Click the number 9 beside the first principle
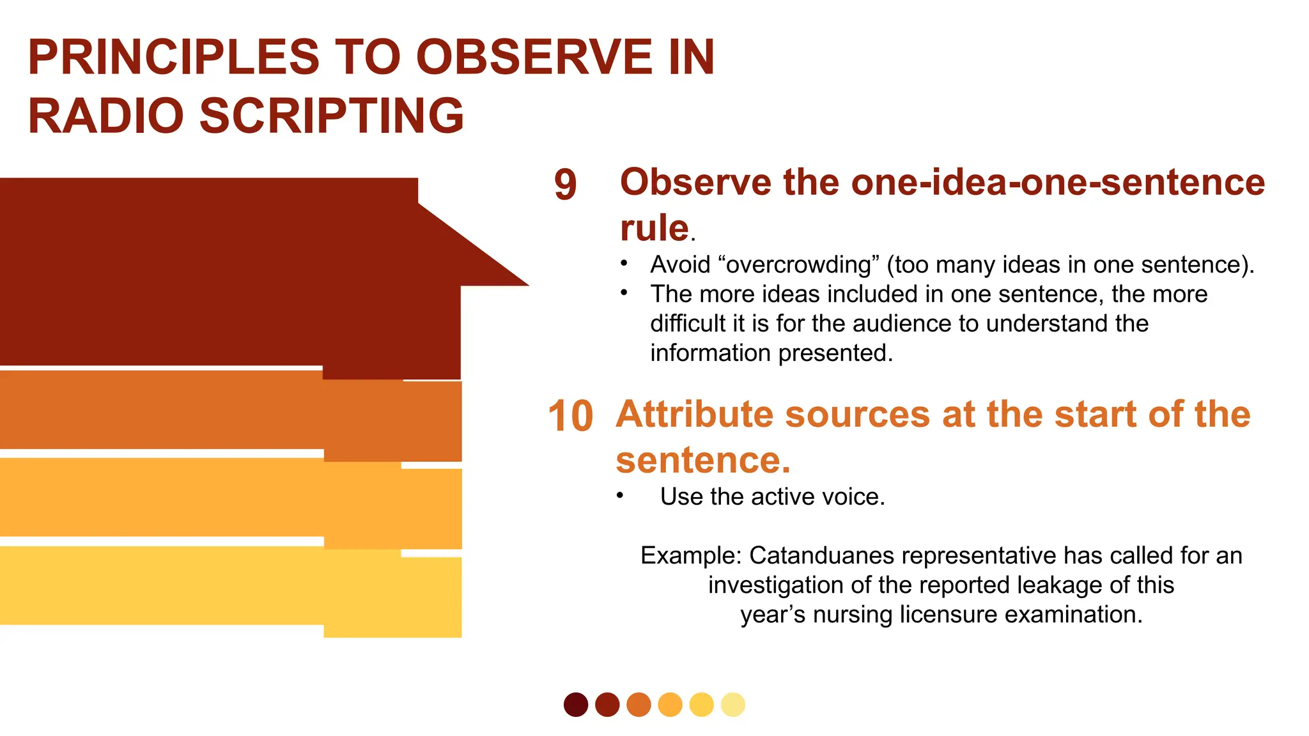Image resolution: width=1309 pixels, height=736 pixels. [x=565, y=185]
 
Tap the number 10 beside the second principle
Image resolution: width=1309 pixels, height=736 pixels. [x=570, y=417]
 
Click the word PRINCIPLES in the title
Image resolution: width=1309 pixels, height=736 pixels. [x=173, y=57]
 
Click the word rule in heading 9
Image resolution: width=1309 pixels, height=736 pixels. [x=654, y=228]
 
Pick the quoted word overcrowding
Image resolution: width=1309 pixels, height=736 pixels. [x=798, y=264]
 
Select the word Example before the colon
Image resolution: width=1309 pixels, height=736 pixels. [x=689, y=556]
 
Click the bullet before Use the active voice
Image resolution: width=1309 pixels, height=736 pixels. [x=619, y=496]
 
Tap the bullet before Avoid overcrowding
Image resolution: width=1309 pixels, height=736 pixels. [x=624, y=263]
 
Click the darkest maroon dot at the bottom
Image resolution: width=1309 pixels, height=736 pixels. [x=575, y=705]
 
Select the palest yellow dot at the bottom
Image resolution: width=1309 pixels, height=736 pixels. [x=732, y=705]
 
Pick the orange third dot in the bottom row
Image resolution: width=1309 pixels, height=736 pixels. [x=638, y=705]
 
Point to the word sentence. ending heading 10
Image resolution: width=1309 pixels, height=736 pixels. [x=702, y=460]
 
